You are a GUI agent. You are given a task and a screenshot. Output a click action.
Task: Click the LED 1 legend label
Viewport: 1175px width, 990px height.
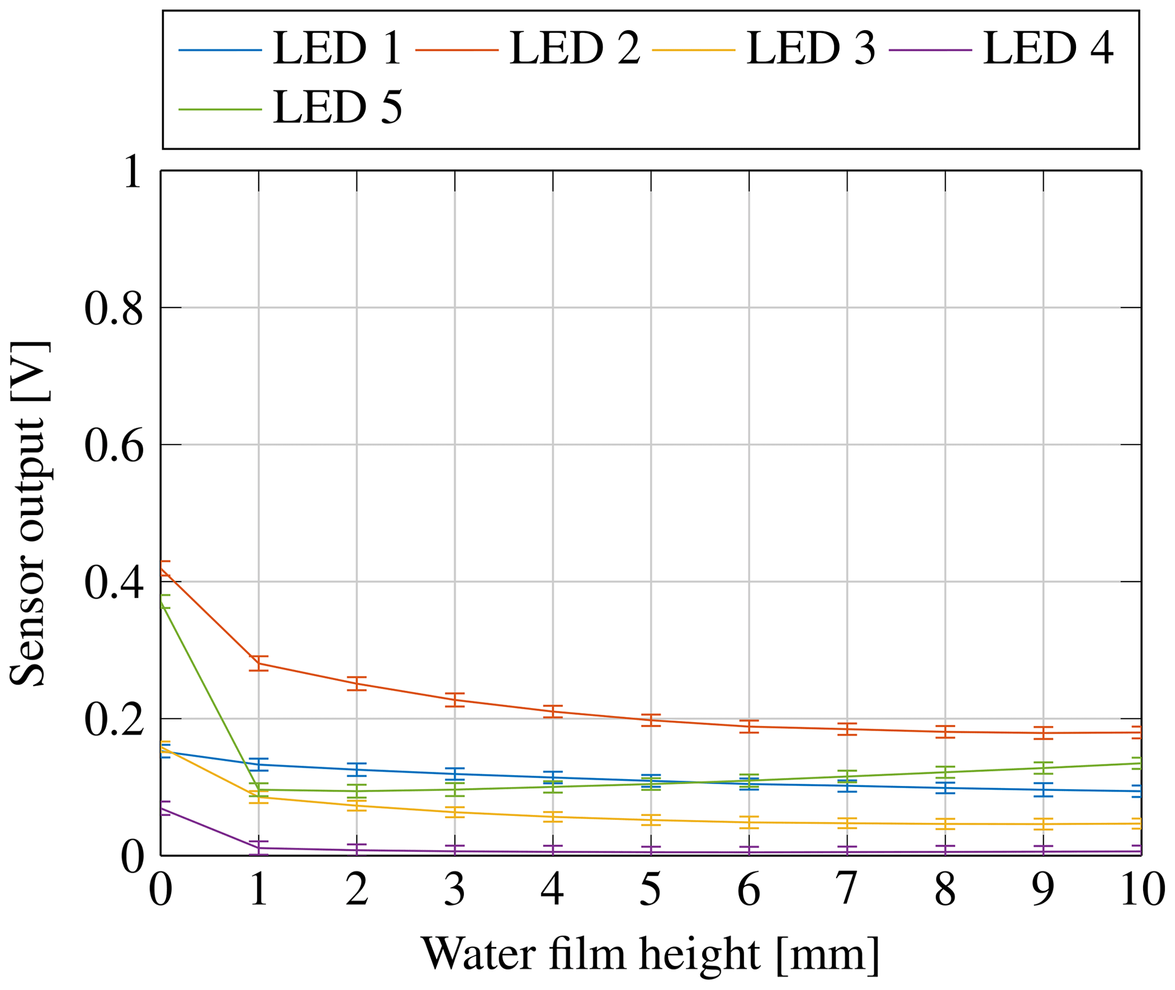[x=338, y=48]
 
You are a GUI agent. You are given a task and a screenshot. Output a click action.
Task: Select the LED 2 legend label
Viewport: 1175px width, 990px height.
[x=575, y=48]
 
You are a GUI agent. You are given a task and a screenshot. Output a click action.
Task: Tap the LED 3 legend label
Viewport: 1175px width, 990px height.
[x=811, y=48]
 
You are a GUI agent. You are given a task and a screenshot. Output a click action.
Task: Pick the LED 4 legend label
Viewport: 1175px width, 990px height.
[x=1048, y=48]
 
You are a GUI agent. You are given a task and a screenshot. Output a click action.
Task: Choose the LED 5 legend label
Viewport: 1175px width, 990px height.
[x=338, y=107]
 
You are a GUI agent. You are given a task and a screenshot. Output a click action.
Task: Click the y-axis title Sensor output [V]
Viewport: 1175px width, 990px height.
[x=28, y=514]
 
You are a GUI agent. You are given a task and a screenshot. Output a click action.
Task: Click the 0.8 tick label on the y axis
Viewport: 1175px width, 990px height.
[x=113, y=309]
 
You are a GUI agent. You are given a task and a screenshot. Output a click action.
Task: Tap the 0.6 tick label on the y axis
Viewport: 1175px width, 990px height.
[x=113, y=446]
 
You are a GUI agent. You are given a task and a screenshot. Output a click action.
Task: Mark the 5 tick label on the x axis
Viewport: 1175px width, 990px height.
[x=650, y=889]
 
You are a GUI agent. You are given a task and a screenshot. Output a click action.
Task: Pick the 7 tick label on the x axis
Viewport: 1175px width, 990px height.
[x=847, y=889]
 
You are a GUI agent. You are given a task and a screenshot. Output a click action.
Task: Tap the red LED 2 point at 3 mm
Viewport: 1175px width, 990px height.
[x=455, y=699]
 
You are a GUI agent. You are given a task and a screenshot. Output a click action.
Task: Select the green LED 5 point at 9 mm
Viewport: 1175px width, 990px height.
[x=1043, y=768]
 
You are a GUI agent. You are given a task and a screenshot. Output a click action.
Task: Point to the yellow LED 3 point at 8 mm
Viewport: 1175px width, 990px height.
[x=945, y=824]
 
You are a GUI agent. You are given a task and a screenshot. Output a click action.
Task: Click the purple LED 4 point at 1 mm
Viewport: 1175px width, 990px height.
[x=259, y=848]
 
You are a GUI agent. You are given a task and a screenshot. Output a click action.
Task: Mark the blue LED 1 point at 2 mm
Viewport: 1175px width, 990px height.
[x=356, y=769]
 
